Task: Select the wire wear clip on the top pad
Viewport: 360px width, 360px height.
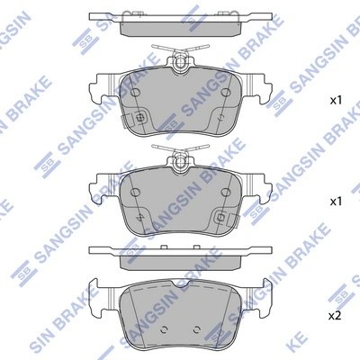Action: click(x=180, y=56)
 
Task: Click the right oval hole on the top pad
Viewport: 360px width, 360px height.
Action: click(x=222, y=92)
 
